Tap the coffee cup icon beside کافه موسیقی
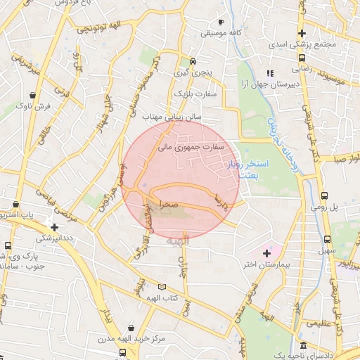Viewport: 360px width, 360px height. point(221,22)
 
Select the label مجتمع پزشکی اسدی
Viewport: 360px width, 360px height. point(302,44)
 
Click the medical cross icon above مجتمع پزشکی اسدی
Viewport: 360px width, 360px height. point(302,33)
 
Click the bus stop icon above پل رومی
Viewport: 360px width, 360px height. point(324,196)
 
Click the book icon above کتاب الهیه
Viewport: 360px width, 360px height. point(163,287)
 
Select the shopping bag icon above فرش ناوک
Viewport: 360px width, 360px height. point(34,94)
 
